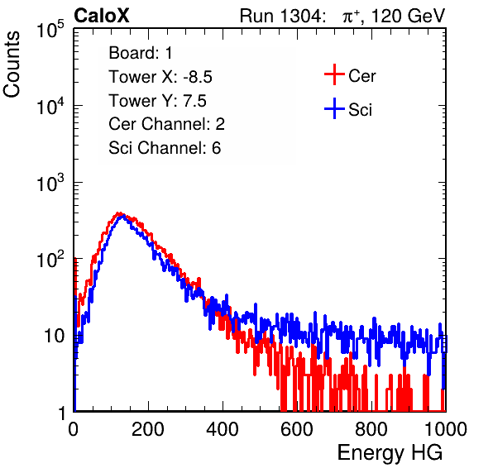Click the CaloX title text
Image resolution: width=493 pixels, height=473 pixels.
pyautogui.click(x=102, y=16)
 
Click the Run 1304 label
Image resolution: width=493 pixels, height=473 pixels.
pyautogui.click(x=281, y=16)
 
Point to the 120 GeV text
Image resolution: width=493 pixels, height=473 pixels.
pyautogui.click(x=408, y=16)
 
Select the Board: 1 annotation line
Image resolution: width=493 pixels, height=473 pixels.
pyautogui.click(x=141, y=53)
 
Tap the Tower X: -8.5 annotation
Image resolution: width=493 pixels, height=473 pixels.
pyautogui.click(x=160, y=77)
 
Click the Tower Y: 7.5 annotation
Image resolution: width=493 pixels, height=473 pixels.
pyautogui.click(x=157, y=101)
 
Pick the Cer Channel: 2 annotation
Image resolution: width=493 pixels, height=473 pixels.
pyautogui.click(x=166, y=124)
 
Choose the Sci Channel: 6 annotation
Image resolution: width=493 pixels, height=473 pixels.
pyautogui.click(x=165, y=148)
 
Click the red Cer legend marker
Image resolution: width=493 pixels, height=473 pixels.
pyautogui.click(x=334, y=74)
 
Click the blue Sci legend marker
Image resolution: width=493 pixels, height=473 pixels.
pyautogui.click(x=334, y=109)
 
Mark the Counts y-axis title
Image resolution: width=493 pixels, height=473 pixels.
pyautogui.click(x=12, y=64)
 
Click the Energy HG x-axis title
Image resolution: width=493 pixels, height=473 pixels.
pyautogui.click(x=390, y=453)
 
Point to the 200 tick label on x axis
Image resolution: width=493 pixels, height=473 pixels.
pyautogui.click(x=148, y=429)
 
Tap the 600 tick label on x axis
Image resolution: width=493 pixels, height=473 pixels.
pyautogui.click(x=297, y=429)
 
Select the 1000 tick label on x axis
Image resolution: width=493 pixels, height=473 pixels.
pyautogui.click(x=446, y=429)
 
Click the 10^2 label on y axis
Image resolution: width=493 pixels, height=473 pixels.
pyautogui.click(x=50, y=259)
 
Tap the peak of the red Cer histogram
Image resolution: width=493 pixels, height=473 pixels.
pyautogui.click(x=119, y=213)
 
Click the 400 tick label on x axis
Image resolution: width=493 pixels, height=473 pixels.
pyautogui.click(x=223, y=429)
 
